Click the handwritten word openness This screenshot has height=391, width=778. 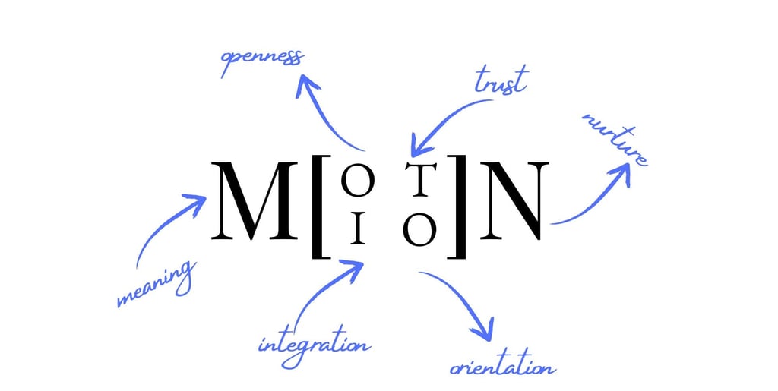[x=261, y=61]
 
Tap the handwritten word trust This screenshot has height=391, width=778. [x=500, y=80]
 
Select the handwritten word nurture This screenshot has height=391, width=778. [x=615, y=140]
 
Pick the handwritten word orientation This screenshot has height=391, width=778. [x=502, y=367]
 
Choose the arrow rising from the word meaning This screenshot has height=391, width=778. [x=168, y=224]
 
